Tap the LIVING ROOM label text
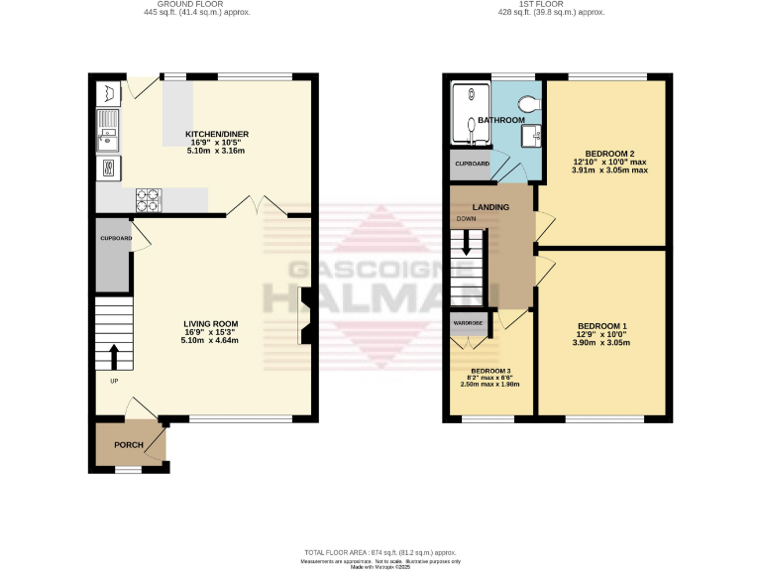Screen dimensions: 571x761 click(210, 323)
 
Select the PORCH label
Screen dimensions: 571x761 click(129, 445)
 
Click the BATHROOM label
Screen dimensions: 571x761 click(501, 120)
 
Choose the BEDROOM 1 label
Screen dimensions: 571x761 click(603, 326)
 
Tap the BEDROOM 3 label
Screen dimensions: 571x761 click(490, 370)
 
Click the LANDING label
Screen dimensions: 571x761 click(490, 207)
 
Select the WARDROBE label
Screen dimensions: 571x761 click(468, 323)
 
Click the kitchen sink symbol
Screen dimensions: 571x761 click(107, 134)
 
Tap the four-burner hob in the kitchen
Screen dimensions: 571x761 click(149, 199)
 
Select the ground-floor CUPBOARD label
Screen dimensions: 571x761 click(116, 239)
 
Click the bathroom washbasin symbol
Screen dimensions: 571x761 click(532, 135)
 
